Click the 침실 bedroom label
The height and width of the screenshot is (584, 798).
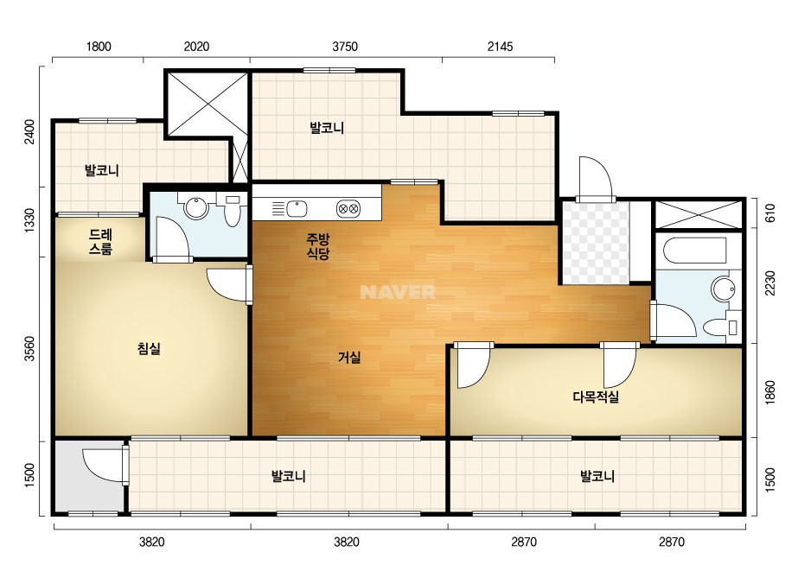click(x=149, y=348)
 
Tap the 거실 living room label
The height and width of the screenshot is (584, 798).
click(x=349, y=358)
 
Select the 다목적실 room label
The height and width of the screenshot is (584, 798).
click(x=596, y=397)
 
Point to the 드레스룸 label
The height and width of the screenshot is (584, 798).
click(x=101, y=242)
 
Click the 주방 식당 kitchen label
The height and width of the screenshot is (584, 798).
click(x=318, y=246)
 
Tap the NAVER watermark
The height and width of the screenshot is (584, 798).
click(x=398, y=292)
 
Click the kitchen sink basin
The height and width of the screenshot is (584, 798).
click(x=297, y=208)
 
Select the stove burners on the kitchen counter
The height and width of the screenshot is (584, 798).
click(x=348, y=208)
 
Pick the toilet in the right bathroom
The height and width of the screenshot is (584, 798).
click(x=721, y=327)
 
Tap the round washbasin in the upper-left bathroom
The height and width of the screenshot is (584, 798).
click(x=196, y=207)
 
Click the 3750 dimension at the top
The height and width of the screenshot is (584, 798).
click(x=345, y=47)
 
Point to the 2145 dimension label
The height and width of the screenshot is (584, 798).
click(x=501, y=47)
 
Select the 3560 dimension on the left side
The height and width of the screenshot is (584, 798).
click(x=30, y=348)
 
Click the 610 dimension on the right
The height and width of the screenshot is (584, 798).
click(x=770, y=213)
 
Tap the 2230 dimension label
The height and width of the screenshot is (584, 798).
click(x=770, y=282)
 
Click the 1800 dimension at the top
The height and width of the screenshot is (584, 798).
click(x=99, y=47)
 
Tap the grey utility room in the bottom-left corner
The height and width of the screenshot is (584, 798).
click(x=89, y=476)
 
